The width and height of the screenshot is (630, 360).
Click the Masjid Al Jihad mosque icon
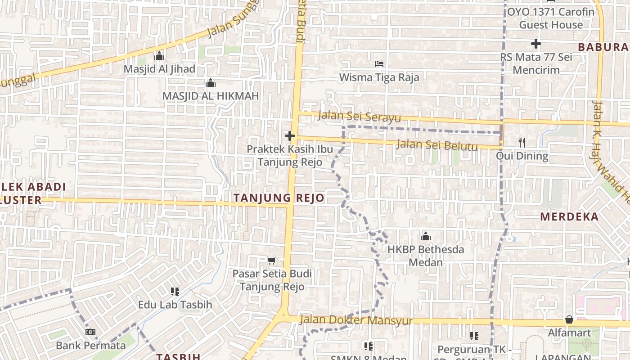point(159,56)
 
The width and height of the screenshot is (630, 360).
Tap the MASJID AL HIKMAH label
point(211,96)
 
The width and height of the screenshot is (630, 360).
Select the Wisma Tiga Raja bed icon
point(379,64)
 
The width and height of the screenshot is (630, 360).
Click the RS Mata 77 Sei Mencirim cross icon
point(535,44)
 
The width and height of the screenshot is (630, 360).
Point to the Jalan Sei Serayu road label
point(359,117)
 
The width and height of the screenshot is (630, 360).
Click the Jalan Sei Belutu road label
point(436,145)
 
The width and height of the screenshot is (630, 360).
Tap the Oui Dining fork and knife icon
point(522,143)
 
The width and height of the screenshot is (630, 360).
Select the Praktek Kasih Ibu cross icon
point(289,135)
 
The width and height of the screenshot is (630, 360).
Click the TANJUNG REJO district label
point(279,198)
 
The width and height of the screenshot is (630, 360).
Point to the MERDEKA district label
point(569,216)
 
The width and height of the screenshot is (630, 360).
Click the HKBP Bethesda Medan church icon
point(425,236)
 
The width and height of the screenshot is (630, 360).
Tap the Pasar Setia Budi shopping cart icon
point(271,261)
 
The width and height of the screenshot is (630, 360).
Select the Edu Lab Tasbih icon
point(175,292)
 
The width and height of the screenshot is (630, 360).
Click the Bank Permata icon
point(90,332)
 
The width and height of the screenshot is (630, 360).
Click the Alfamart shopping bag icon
point(569,319)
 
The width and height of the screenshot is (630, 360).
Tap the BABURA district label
point(603,47)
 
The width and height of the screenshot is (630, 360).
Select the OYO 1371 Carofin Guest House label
point(551,18)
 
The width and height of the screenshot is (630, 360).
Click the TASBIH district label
point(178,356)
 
